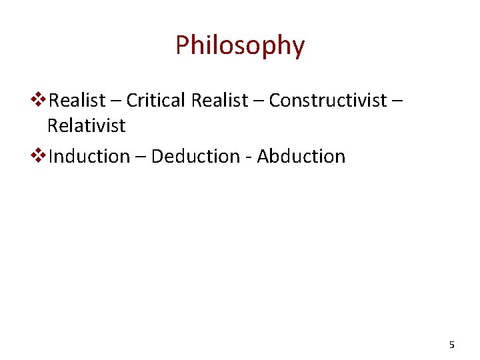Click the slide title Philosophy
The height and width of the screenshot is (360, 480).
[x=240, y=45]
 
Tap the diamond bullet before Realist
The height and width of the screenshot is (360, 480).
[x=39, y=101]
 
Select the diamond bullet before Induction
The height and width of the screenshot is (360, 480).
[x=39, y=157]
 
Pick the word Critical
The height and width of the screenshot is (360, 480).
[x=155, y=101]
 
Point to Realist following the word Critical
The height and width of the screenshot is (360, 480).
[x=219, y=101]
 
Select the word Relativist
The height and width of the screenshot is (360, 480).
[x=86, y=125]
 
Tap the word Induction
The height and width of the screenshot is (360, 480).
[x=89, y=157]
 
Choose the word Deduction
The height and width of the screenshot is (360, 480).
[x=195, y=157]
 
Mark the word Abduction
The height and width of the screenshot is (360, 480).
[x=301, y=157]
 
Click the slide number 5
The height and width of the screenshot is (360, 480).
[x=452, y=345]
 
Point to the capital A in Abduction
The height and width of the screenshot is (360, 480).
[x=263, y=157]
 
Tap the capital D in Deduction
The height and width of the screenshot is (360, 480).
[x=157, y=157]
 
